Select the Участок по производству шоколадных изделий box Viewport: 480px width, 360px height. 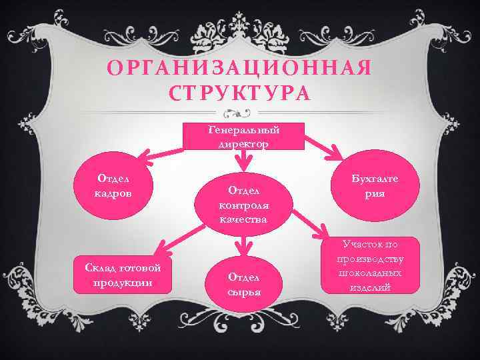pyautogui.click(x=369, y=265)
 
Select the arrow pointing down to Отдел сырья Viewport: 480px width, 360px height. pyautogui.click(x=245, y=246)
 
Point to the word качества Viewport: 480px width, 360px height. pyautogui.click(x=243, y=220)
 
